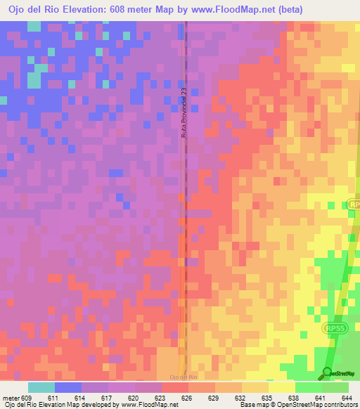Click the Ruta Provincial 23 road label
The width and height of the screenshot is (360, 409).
[184, 112]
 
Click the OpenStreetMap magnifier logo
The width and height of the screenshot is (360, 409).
[327, 372]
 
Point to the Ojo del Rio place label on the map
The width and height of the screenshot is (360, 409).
[184, 378]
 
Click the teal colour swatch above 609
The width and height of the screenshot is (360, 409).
[41, 387]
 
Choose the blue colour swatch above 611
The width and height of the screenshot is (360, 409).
[68, 387]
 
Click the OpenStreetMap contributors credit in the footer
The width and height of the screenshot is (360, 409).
[314, 405]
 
